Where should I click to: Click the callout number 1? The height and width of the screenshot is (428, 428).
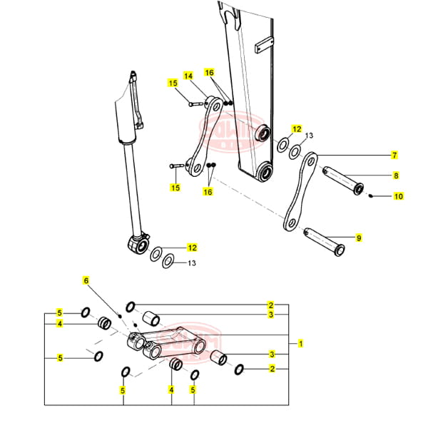point(302,344)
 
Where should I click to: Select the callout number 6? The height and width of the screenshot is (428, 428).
point(86,281)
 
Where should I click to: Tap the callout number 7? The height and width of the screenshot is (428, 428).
point(394,155)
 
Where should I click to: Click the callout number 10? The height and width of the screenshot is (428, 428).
point(398,196)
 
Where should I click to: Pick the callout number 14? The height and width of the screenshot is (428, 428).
point(189,76)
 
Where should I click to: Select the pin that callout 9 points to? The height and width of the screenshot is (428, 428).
point(324,240)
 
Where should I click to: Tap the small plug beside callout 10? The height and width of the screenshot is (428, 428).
point(372,195)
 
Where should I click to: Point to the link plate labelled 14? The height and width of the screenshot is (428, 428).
point(203,136)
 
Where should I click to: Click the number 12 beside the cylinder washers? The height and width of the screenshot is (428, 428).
point(191,248)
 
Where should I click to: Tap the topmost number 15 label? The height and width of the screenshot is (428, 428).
point(173,83)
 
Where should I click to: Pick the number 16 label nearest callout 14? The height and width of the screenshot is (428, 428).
point(209,73)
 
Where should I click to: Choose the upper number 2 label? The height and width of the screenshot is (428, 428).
point(271,305)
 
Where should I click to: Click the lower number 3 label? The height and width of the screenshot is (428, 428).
point(271,355)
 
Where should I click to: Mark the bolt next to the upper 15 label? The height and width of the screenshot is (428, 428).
point(196,104)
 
